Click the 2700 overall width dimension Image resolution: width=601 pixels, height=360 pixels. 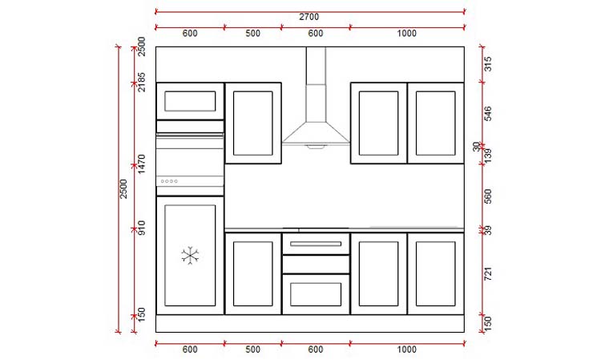(x=309, y=18)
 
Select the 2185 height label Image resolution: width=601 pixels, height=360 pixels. (x=141, y=82)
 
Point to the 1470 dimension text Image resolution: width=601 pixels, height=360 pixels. (x=141, y=164)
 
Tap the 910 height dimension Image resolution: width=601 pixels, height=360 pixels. (x=141, y=228)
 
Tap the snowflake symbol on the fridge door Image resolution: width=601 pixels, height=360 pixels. (x=190, y=256)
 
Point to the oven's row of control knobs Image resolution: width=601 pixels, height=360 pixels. (x=169, y=181)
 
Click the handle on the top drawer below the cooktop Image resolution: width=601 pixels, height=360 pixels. (x=316, y=242)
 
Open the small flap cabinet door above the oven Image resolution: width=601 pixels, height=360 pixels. (x=190, y=101)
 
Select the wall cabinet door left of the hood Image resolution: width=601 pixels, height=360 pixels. (x=252, y=123)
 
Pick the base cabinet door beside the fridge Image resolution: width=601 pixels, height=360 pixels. (x=252, y=273)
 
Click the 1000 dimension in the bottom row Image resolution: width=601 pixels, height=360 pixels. (x=406, y=349)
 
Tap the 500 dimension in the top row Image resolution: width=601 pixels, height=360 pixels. (x=252, y=33)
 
